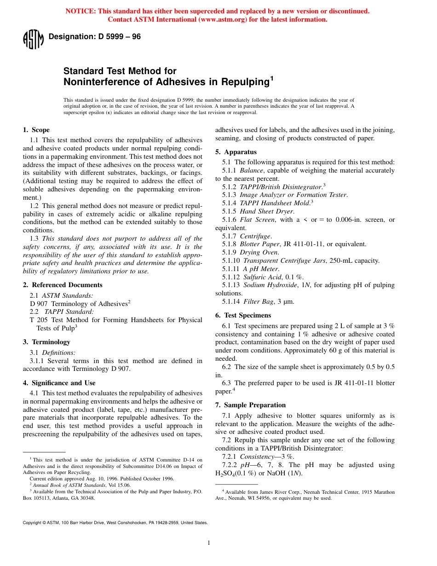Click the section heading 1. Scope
click(36, 130)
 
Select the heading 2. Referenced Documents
click(63, 285)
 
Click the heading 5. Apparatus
click(236, 152)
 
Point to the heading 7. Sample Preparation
click(251, 405)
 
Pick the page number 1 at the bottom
click(208, 543)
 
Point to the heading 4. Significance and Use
click(59, 383)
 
